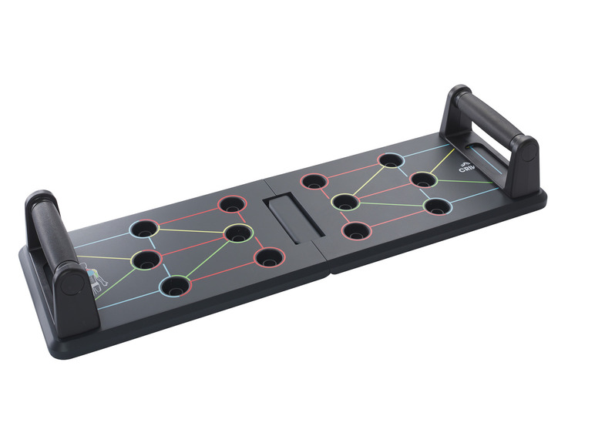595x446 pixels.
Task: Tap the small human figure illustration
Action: [x=92, y=280]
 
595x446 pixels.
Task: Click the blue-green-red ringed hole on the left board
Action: [x=175, y=287]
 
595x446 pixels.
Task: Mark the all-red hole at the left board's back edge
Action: [x=230, y=205]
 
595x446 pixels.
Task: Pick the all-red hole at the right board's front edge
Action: [x=355, y=230]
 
